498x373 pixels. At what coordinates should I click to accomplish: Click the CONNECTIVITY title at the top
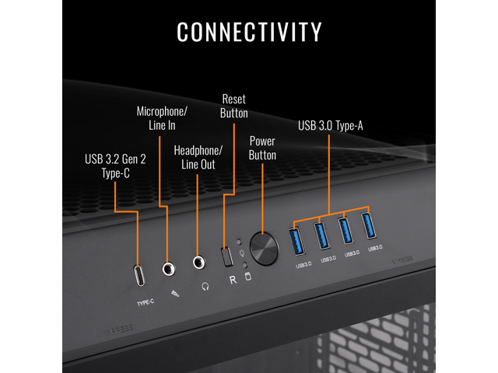click(249, 32)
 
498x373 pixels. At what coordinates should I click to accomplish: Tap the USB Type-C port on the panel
click(140, 275)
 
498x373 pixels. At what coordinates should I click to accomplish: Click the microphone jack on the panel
click(168, 270)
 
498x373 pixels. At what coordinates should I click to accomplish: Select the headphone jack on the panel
click(200, 264)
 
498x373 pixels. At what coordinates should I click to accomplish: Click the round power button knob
click(265, 248)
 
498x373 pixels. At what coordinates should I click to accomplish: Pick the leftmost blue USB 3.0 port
click(297, 240)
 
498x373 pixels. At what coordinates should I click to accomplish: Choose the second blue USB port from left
click(322, 235)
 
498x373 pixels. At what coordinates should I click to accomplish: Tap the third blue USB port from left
click(346, 231)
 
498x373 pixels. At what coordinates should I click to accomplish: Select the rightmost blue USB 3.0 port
click(370, 226)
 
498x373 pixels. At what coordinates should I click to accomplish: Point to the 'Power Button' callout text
click(262, 148)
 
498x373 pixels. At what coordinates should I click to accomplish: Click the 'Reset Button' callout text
click(234, 106)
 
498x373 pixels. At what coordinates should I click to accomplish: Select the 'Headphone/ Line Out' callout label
click(198, 157)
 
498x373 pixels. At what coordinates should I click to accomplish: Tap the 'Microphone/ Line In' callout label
click(161, 117)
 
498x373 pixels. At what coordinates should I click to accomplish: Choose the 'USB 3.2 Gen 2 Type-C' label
click(114, 166)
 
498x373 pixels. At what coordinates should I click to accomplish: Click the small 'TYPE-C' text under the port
click(146, 302)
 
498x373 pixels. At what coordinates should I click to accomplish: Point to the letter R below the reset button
click(232, 279)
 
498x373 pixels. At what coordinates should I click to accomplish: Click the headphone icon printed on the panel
click(205, 286)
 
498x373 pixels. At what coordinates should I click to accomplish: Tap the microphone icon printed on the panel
click(174, 294)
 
